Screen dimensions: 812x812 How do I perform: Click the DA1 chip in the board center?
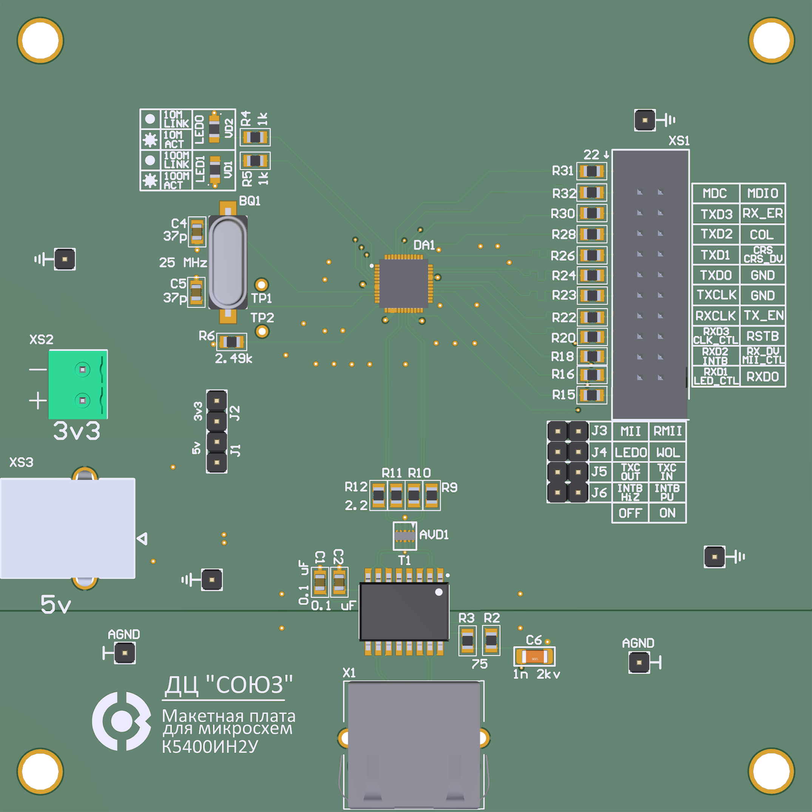(403, 284)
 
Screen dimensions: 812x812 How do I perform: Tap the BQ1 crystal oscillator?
(228, 262)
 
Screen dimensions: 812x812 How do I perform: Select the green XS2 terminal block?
(78, 384)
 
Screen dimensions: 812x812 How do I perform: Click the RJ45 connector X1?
(414, 744)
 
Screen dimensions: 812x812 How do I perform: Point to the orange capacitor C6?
(534, 656)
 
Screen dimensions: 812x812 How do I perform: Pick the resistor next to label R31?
(592, 171)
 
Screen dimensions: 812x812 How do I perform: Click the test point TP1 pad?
(262, 285)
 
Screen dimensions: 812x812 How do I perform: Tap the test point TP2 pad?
(262, 331)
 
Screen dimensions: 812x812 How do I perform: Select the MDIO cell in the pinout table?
(763, 193)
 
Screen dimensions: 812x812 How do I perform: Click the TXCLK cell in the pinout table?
(716, 295)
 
